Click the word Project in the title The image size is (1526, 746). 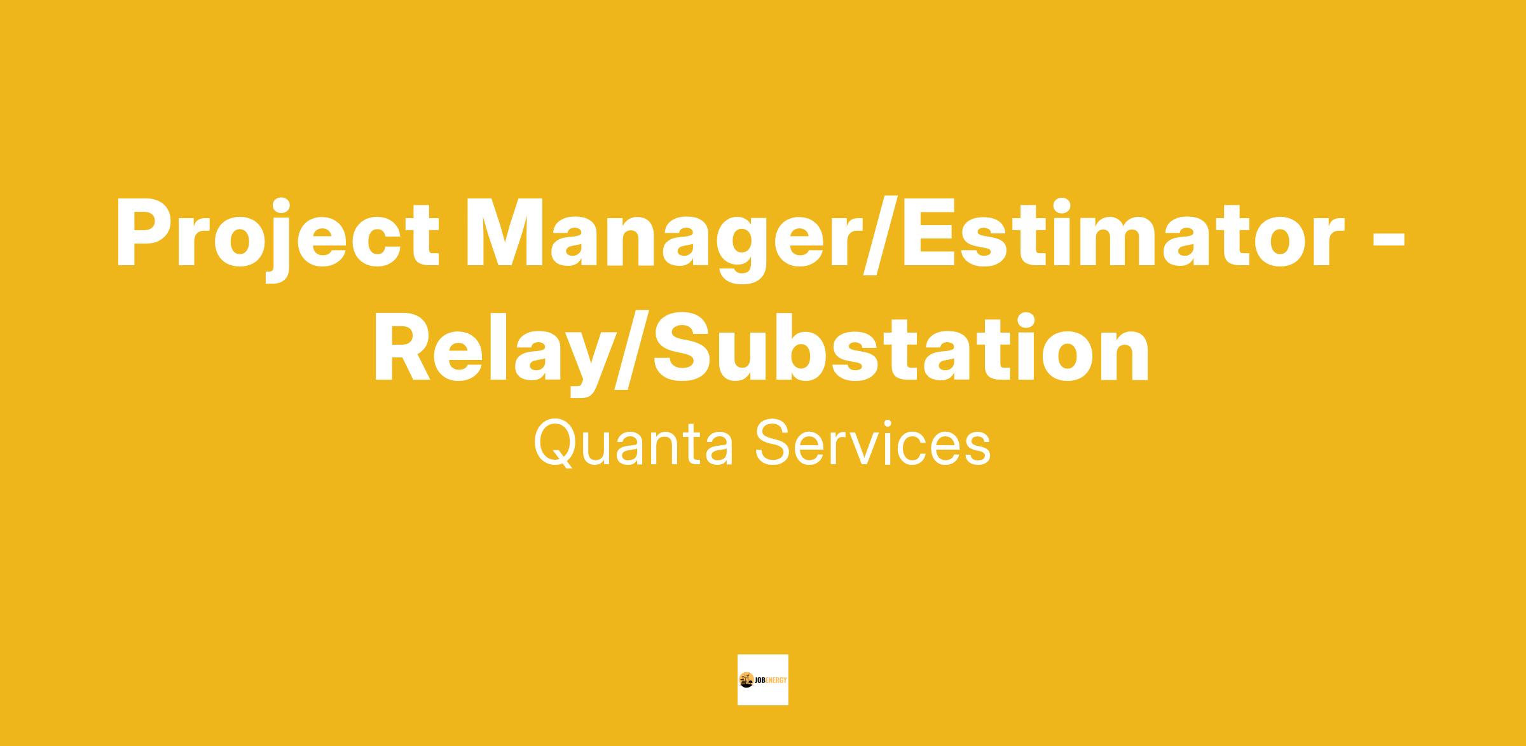(278, 238)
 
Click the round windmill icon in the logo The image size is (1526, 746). (746, 680)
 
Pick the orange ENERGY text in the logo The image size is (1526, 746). (776, 680)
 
